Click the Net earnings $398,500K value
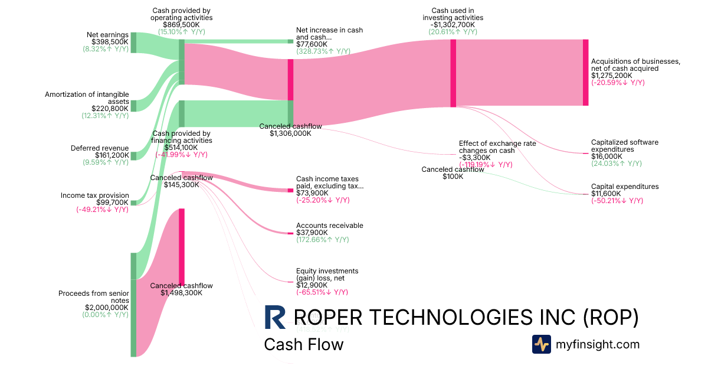(110, 42)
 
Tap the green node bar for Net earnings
(133, 43)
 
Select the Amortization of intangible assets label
(87, 97)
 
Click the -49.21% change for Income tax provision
(102, 210)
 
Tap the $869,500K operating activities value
(182, 25)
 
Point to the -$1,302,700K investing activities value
(453, 25)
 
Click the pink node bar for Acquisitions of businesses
(585, 72)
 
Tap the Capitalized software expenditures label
(624, 146)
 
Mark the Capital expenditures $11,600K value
(607, 194)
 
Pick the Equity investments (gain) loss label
(327, 275)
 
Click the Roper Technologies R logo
(275, 317)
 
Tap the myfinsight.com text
(598, 344)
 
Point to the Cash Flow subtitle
(303, 344)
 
